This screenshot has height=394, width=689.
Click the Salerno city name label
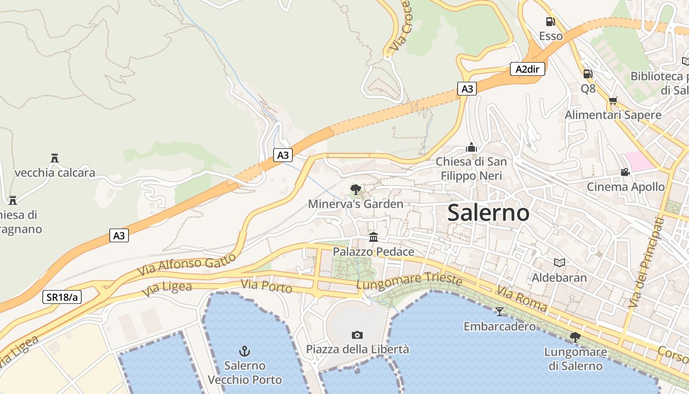[488, 213]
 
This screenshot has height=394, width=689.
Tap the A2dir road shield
[527, 69]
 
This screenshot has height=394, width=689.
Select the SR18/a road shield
[62, 297]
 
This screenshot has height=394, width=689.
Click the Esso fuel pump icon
[550, 22]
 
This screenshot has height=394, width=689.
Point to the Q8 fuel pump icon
[588, 74]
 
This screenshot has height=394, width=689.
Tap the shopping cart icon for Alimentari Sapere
[613, 100]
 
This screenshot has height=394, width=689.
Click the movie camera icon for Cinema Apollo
[625, 172]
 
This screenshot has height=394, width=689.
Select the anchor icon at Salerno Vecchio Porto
[245, 351]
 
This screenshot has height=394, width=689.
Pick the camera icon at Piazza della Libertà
[357, 335]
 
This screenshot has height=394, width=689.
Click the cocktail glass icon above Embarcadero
[500, 311]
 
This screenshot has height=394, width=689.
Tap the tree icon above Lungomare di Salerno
[574, 337]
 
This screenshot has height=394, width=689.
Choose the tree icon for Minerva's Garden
[355, 189]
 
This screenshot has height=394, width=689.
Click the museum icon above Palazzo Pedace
[374, 237]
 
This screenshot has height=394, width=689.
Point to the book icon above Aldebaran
[559, 263]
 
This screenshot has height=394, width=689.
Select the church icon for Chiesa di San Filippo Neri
[471, 147]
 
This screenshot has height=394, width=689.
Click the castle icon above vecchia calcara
[55, 158]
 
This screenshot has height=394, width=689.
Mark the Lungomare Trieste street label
[409, 281]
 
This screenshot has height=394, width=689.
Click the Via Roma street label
[522, 298]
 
